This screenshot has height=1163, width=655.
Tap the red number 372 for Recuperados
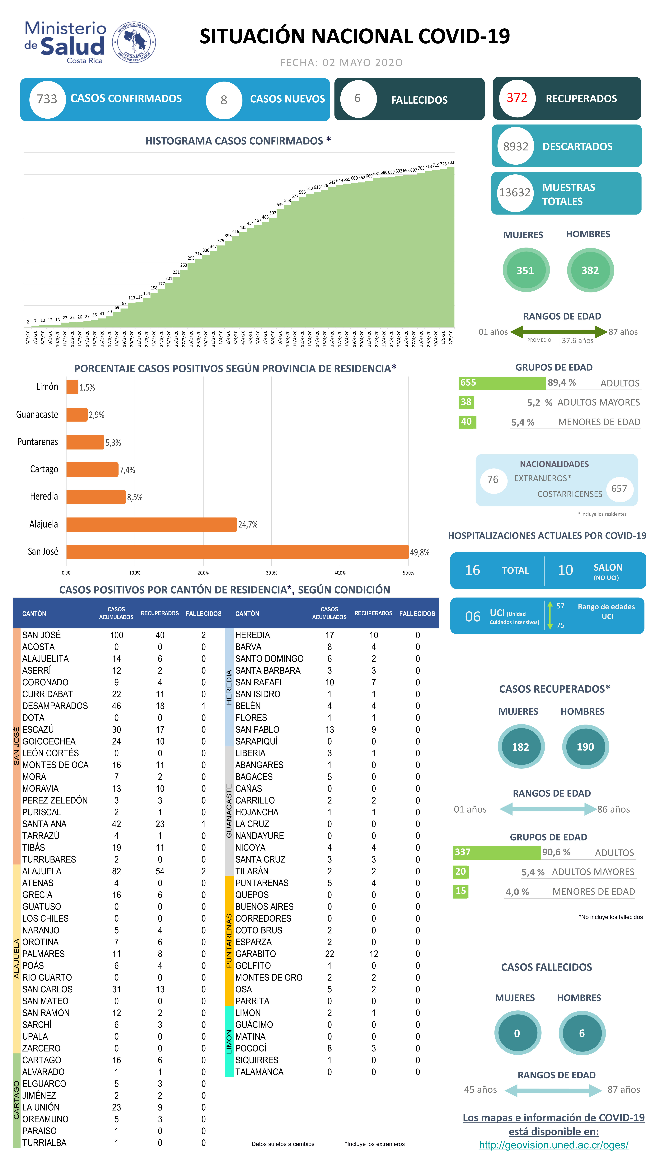tap(517, 98)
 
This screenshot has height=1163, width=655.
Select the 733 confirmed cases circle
tap(47, 99)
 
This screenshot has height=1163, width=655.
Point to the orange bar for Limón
tap(72, 387)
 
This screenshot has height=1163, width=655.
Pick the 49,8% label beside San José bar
tap(419, 552)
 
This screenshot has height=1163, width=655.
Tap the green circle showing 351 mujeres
tap(525, 270)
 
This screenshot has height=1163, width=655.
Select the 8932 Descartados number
tap(516, 146)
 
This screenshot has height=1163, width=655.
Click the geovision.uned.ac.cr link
tap(553, 1145)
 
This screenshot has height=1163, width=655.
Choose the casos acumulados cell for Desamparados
tap(116, 706)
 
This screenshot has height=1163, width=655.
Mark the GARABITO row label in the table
tap(255, 953)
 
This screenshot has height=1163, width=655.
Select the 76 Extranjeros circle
tap(493, 480)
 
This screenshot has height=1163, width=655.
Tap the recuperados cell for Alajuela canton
tap(160, 871)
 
